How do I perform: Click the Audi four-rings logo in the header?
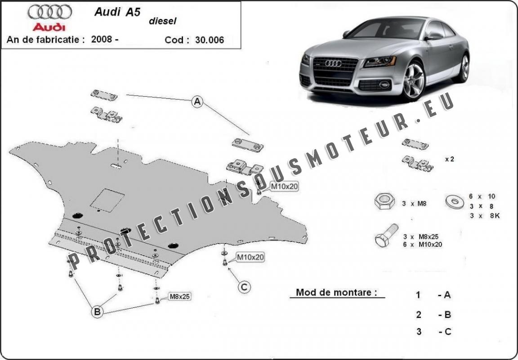point(50,12)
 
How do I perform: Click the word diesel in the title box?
point(162,21)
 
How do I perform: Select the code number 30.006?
point(210,40)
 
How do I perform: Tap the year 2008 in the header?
point(102,39)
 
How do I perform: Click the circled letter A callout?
point(197,102)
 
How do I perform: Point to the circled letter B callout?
point(98,311)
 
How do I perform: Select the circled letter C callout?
point(244,287)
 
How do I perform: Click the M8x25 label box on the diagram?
point(180,297)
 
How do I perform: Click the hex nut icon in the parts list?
point(384,201)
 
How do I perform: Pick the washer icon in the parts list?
point(455,201)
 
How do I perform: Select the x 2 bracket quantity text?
point(450,159)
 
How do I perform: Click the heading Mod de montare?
point(336,292)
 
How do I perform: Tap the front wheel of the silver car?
point(413,81)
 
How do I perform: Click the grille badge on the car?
point(333,63)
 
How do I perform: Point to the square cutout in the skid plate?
point(107,200)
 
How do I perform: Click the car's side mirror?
point(433,36)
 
